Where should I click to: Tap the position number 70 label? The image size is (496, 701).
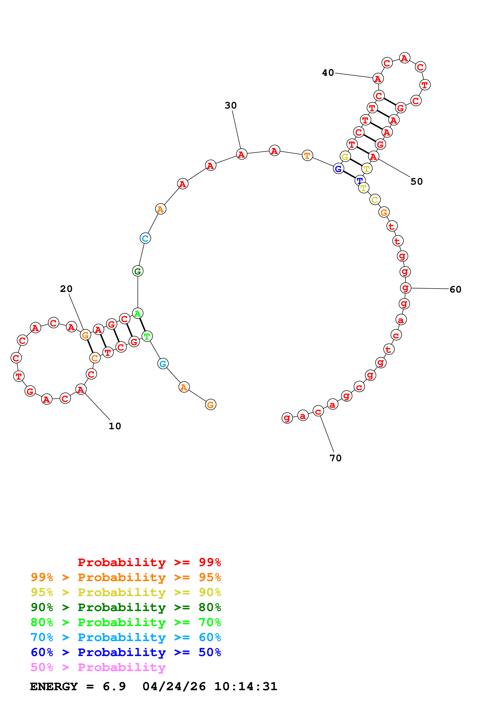tap(335, 458)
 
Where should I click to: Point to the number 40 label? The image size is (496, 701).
tap(328, 73)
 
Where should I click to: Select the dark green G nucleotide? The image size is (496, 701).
tap(137, 271)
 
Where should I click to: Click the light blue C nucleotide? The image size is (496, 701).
tap(145, 238)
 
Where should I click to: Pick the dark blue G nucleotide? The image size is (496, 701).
tap(338, 168)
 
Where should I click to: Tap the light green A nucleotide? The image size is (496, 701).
tap(137, 314)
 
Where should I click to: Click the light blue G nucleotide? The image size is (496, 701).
tap(163, 364)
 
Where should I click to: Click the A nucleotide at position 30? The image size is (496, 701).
tap(241, 154)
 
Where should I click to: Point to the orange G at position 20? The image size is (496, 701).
tap(85, 335)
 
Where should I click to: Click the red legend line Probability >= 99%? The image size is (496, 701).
tap(149, 562)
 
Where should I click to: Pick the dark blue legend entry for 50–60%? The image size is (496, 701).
tap(126, 652)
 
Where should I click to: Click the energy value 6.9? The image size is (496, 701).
tap(114, 686)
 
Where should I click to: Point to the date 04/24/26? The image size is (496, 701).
tap(174, 686)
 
